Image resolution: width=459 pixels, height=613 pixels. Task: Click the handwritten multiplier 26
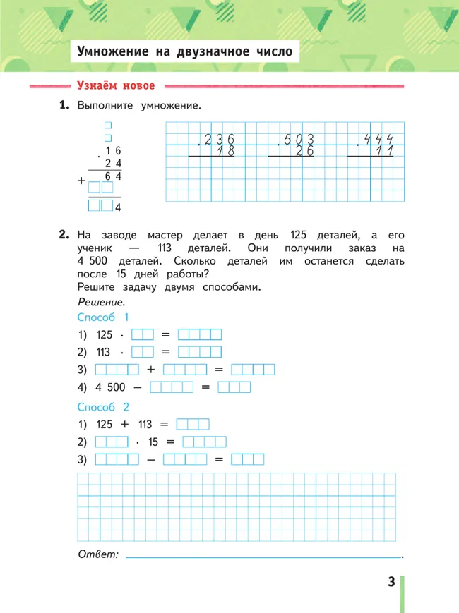pyautogui.click(x=306, y=152)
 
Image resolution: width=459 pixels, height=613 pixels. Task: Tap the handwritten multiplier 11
pyautogui.click(x=385, y=152)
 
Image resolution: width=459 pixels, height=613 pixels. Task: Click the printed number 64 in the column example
pyautogui.click(x=114, y=176)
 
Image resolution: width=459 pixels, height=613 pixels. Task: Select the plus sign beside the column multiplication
pyautogui.click(x=82, y=182)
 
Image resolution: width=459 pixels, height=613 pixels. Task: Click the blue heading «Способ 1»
pyautogui.click(x=102, y=317)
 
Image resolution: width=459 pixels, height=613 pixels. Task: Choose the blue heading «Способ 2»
pyautogui.click(x=102, y=407)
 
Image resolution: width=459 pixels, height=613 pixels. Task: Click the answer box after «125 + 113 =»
pyautogui.click(x=193, y=425)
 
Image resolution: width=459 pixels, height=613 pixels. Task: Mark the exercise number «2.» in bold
pyautogui.click(x=65, y=235)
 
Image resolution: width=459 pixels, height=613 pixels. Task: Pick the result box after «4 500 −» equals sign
pyautogui.click(x=234, y=387)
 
